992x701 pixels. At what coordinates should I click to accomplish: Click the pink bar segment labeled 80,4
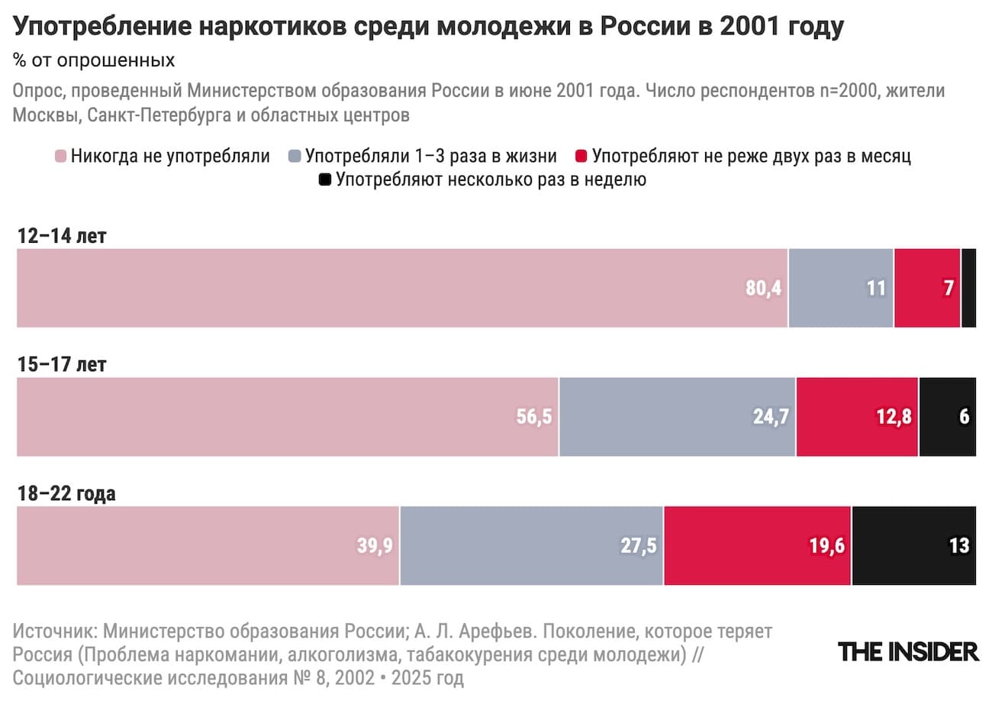[x=402, y=288]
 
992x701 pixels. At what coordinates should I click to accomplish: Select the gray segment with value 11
[x=840, y=288]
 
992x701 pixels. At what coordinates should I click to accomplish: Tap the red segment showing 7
[x=927, y=288]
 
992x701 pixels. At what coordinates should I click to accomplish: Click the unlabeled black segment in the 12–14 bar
[x=968, y=288]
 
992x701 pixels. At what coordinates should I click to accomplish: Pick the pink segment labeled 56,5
[x=288, y=417]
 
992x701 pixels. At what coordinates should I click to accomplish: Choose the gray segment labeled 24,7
[x=677, y=417]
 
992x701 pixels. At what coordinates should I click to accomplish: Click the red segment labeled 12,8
[x=857, y=417]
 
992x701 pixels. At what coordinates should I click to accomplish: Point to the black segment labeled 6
[x=947, y=417]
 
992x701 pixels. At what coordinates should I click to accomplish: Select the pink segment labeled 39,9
[x=208, y=545]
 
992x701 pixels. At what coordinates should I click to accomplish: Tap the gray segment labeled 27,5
[x=531, y=545]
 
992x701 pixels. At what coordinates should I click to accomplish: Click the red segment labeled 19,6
[x=758, y=545]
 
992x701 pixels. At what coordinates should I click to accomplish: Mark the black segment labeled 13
[x=913, y=545]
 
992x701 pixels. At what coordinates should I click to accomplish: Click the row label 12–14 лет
[x=62, y=236]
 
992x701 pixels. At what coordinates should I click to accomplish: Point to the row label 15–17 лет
[x=62, y=365]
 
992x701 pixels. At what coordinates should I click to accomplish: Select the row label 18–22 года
[x=66, y=493]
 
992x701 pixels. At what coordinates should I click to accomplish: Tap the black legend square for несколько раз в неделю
[x=325, y=181]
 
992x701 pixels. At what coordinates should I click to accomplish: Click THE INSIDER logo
[x=908, y=651]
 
